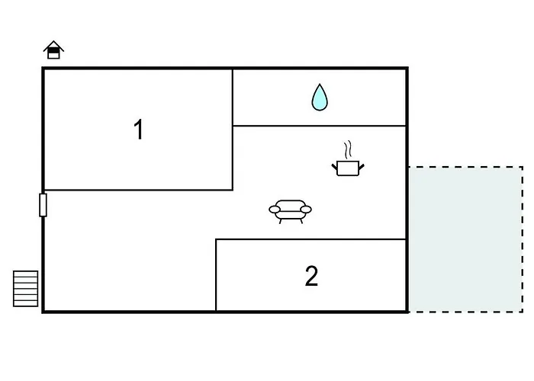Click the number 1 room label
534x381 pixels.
[139, 130]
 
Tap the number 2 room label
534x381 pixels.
[311, 276]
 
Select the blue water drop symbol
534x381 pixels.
[320, 98]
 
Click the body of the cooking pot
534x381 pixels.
[348, 168]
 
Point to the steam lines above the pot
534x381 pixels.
[347, 150]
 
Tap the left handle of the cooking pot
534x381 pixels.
[334, 167]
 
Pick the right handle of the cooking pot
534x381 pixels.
[362, 167]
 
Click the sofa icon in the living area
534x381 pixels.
[290, 212]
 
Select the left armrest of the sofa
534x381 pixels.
[275, 210]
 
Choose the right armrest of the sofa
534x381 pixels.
[305, 210]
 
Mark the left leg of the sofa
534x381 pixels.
[280, 221]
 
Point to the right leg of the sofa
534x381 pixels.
[301, 221]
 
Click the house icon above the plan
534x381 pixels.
[53, 50]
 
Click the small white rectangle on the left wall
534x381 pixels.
[43, 205]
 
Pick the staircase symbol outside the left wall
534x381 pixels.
[25, 289]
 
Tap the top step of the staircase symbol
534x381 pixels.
[25, 274]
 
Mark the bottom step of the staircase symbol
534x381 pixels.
[25, 303]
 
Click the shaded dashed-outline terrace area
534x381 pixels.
[465, 239]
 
